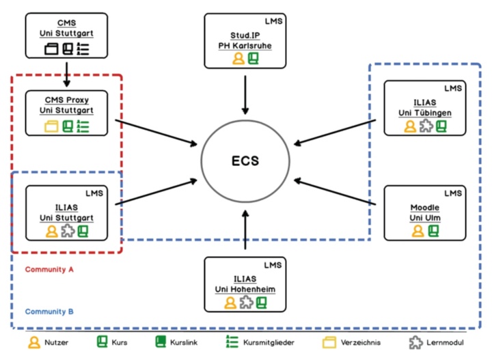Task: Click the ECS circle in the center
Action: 245,162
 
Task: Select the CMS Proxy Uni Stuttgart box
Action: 66,113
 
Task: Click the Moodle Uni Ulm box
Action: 424,212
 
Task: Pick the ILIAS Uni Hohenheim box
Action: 245,283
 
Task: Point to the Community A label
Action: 49,269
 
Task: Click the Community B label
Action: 49,311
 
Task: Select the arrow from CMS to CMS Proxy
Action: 66,73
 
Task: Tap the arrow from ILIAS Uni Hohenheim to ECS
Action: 245,232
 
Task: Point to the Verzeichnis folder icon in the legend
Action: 330,342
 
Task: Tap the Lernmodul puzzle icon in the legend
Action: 415,342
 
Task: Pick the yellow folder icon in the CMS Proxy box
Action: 51,126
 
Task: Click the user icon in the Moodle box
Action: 418,231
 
